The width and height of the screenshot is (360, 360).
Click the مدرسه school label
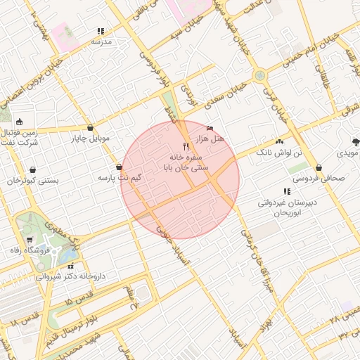[x=102, y=42]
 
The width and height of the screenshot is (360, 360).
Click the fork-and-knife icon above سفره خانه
[x=186, y=146]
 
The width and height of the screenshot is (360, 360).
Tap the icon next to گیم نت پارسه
[x=117, y=167]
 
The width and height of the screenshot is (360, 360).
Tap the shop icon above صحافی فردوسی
[x=320, y=168]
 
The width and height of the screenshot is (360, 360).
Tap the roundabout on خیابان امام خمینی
[x=259, y=75]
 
